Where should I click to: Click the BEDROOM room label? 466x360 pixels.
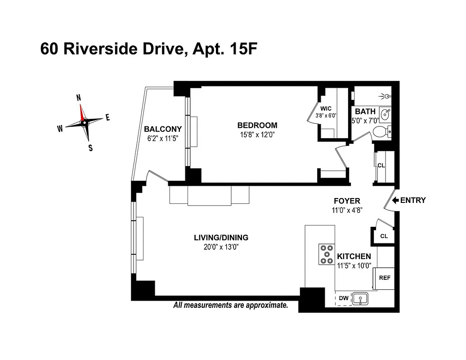click(x=257, y=125)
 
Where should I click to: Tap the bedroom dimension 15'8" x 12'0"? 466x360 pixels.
click(x=257, y=134)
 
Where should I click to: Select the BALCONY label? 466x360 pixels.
click(x=163, y=129)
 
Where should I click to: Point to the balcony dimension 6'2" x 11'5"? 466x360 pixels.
click(x=163, y=138)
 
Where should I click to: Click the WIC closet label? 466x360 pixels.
click(x=326, y=108)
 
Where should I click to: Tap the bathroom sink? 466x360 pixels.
click(x=385, y=115)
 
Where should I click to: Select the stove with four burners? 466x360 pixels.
click(x=326, y=254)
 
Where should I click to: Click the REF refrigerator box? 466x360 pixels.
click(x=385, y=278)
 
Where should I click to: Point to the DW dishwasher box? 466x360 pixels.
click(x=343, y=298)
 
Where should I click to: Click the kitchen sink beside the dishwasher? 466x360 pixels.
click(x=361, y=298)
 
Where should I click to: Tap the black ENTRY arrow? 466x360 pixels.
click(x=395, y=200)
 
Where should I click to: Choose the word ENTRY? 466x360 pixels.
click(x=412, y=200)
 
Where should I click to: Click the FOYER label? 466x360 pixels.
click(x=347, y=201)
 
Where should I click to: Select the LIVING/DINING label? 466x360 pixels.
click(x=221, y=238)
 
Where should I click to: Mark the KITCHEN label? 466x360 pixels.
click(x=354, y=256)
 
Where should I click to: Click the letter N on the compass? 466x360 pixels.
click(x=79, y=98)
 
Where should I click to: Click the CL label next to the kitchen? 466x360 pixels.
click(x=384, y=236)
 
